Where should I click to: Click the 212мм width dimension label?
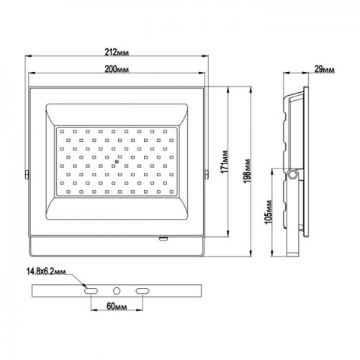pyautogui.click(x=117, y=52)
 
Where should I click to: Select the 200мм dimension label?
pyautogui.click(x=117, y=69)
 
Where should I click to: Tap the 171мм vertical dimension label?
pyautogui.click(x=225, y=162)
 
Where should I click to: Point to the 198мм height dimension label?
pyautogui.click(x=248, y=171)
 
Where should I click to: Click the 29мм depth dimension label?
pyautogui.click(x=324, y=70)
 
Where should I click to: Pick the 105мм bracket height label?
pyautogui.click(x=269, y=212)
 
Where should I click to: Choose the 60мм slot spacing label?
pyautogui.click(x=117, y=307)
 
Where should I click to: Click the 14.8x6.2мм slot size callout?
pyautogui.click(x=46, y=271)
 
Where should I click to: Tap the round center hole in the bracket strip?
pyautogui.click(x=117, y=291)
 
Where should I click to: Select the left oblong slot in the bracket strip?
pyautogui.click(x=91, y=291)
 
